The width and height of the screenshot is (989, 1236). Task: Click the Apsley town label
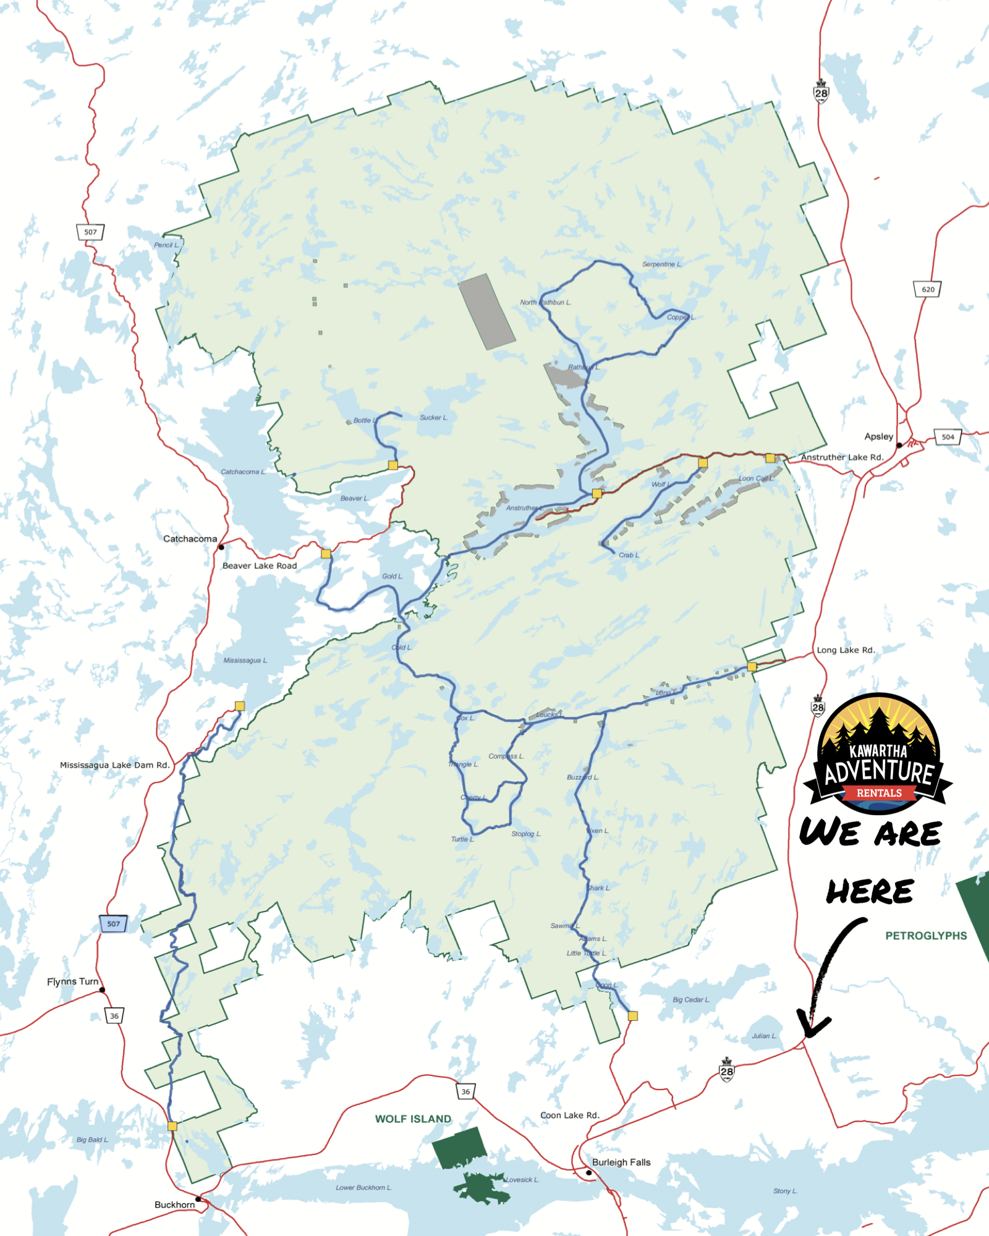click(x=878, y=436)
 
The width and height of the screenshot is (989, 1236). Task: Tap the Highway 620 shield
click(x=927, y=289)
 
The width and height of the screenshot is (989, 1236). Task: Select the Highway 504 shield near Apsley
click(x=948, y=437)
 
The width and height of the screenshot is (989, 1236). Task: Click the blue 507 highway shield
click(x=113, y=924)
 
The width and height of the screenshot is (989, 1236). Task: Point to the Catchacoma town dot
click(x=221, y=547)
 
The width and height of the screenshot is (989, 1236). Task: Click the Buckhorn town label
click(x=174, y=1204)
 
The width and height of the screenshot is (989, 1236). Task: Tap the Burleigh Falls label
click(x=621, y=1162)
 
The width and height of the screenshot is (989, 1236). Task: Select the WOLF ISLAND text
click(x=413, y=1119)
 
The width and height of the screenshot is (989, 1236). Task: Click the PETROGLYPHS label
click(x=925, y=936)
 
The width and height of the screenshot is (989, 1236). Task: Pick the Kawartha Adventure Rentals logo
click(x=878, y=753)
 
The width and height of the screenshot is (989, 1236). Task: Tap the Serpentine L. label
click(x=661, y=265)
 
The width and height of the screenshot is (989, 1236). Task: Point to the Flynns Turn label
click(x=72, y=981)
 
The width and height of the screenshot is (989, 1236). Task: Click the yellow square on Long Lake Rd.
click(x=752, y=666)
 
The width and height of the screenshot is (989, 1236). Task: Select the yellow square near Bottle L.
click(x=393, y=465)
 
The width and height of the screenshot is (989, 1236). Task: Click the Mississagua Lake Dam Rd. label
click(x=114, y=765)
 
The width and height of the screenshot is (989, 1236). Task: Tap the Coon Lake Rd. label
click(x=569, y=1115)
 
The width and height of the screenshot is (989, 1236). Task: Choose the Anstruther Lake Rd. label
click(x=842, y=457)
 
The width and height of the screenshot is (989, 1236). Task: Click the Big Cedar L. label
click(x=690, y=999)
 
